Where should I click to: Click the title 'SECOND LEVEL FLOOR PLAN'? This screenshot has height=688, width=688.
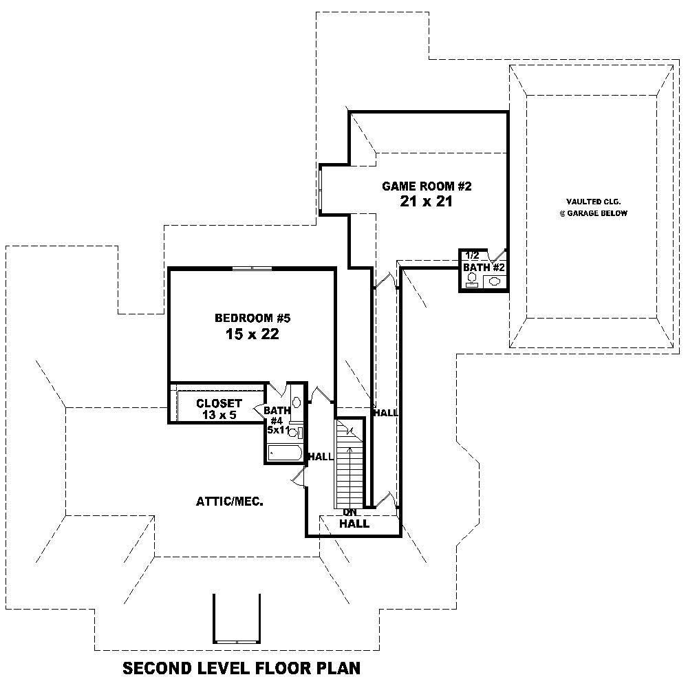coord(241,668)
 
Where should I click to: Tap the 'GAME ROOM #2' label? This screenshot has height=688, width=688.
coord(427,186)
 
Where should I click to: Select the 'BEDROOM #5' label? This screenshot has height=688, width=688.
coord(253,318)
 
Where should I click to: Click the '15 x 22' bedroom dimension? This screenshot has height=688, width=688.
coord(253,335)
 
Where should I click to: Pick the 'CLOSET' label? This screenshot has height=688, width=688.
coord(219,403)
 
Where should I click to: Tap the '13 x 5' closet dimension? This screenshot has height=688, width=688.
coord(219,415)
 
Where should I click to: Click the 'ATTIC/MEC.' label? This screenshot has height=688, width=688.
coord(230,502)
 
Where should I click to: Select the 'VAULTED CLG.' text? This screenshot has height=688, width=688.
coord(592,202)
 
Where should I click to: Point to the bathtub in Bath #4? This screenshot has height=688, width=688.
coord(283,453)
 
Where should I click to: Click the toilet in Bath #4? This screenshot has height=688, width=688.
coord(294,432)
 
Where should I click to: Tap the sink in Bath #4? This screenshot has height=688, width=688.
coord(296,402)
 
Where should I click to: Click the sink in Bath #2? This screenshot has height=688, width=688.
coord(495,281)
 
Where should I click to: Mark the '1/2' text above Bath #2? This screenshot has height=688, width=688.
coord(472,255)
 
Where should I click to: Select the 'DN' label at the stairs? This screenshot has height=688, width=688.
coord(350,513)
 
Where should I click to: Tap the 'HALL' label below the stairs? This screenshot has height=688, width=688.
coord(354,524)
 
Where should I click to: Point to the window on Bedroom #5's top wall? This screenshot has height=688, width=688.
coord(252,268)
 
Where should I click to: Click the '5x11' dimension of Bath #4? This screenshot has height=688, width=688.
coord(277,430)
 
